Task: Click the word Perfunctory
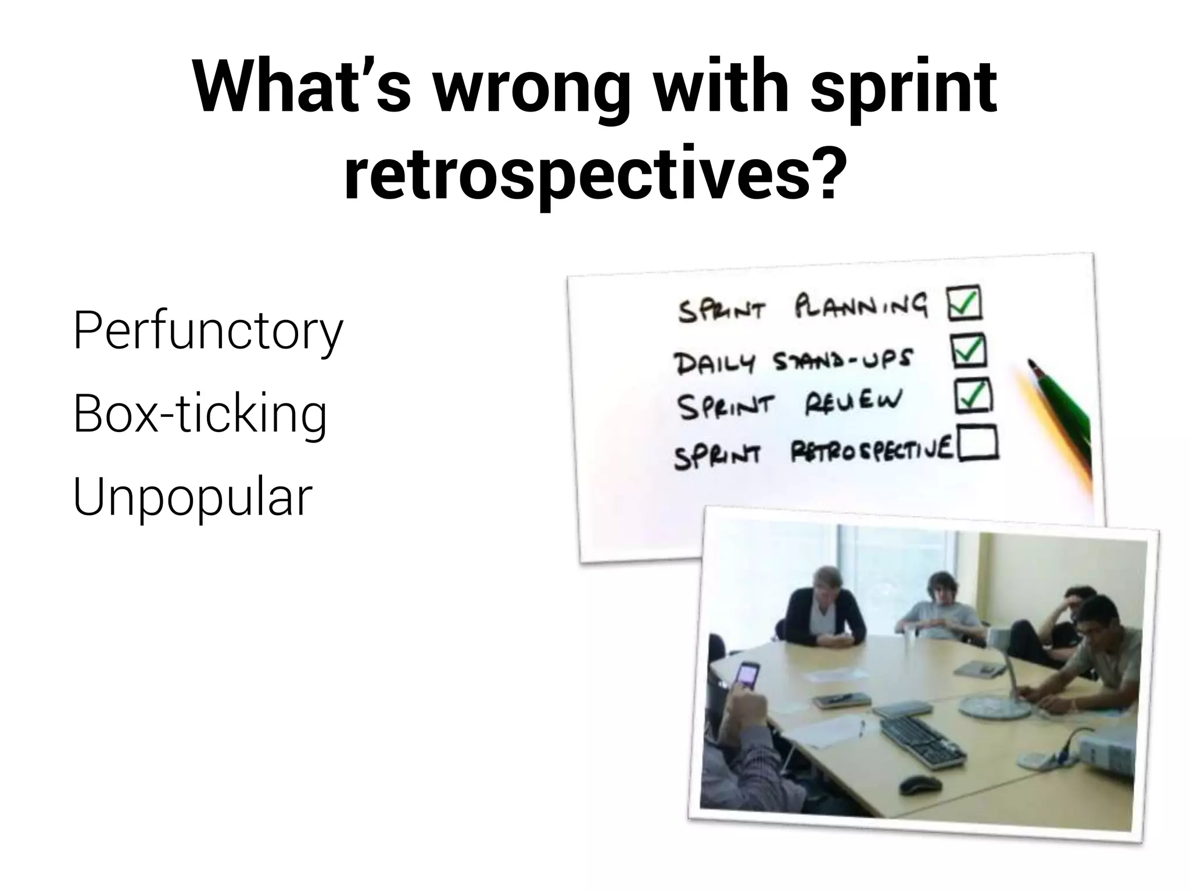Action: tap(208, 331)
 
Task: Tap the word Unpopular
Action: tap(193, 497)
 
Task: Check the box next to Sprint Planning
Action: tap(965, 303)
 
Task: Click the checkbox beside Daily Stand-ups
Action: tap(969, 351)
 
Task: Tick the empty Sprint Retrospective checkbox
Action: tap(978, 444)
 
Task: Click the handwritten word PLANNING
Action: tap(860, 306)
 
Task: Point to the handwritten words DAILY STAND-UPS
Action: tap(793, 361)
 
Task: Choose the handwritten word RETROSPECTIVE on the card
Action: tap(872, 451)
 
